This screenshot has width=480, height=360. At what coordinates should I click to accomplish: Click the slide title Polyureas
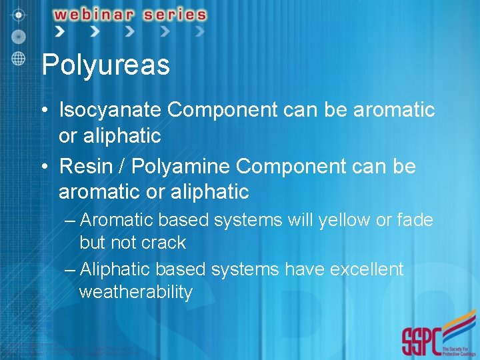pyautogui.click(x=105, y=66)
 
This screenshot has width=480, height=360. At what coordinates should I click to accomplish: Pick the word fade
pyautogui.click(x=415, y=220)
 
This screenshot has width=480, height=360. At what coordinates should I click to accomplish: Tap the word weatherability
pyautogui.click(x=135, y=292)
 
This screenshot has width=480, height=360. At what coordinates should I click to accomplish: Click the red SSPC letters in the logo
pyautogui.click(x=421, y=341)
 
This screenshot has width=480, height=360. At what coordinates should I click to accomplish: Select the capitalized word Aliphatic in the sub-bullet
pyautogui.click(x=115, y=269)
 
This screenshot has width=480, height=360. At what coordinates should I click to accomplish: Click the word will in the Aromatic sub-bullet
pyautogui.click(x=297, y=220)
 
